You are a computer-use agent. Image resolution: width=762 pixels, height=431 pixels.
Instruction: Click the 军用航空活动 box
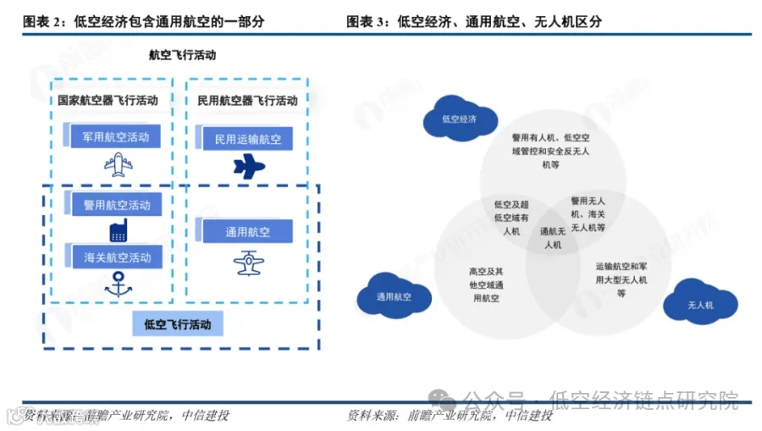pos(115,136)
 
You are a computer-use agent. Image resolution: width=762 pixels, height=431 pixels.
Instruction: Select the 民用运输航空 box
pos(247,139)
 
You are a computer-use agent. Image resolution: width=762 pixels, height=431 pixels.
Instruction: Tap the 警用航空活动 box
pos(116,204)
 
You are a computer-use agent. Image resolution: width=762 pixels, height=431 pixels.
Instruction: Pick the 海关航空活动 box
pos(116,257)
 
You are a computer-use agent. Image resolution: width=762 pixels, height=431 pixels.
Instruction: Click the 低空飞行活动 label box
pos(178,323)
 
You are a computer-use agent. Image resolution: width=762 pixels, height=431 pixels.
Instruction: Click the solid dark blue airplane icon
pos(249,167)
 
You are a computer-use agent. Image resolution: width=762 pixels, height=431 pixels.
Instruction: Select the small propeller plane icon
pos(248,262)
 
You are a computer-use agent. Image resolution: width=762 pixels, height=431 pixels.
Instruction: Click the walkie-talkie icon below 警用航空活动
pos(117,229)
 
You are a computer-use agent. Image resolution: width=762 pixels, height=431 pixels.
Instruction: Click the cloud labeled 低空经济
pos(459,119)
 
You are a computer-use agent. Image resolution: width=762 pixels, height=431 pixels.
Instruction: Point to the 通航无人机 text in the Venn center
pos(552,237)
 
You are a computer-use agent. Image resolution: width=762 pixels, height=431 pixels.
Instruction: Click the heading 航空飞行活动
pos(182,55)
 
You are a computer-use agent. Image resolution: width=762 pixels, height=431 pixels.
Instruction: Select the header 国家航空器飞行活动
pos(108,100)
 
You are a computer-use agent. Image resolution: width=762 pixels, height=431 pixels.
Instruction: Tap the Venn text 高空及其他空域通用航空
pos(487,285)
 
